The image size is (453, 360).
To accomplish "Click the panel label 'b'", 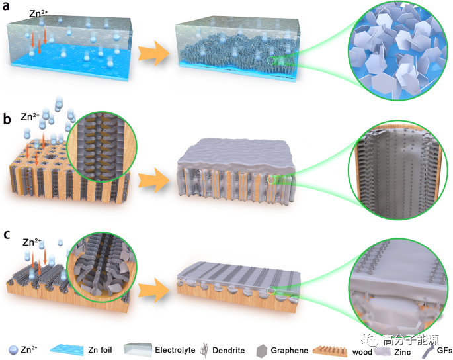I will (x=7, y=120).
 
